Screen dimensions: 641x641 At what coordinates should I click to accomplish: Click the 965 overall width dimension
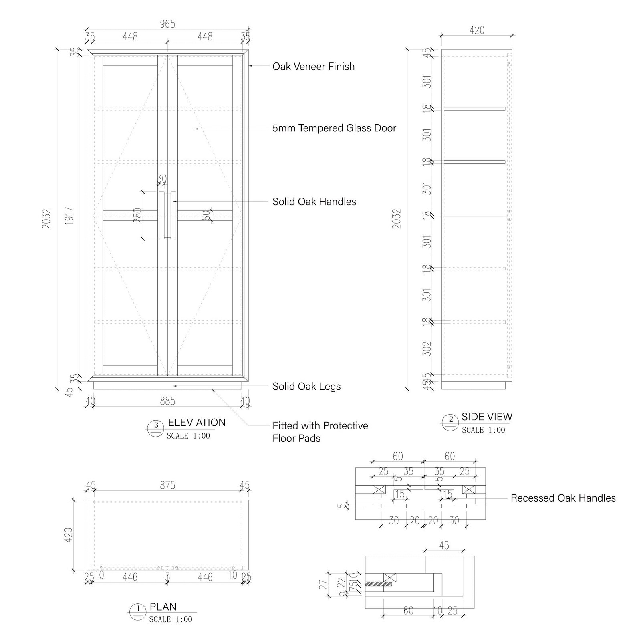coord(167,24)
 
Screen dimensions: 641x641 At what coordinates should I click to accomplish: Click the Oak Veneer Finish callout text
coord(313,67)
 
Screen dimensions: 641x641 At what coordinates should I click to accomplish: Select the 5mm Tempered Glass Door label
coord(334,128)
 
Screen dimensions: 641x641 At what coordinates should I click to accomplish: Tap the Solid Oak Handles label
coord(314,202)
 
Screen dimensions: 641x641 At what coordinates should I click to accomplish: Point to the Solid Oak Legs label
coord(306,387)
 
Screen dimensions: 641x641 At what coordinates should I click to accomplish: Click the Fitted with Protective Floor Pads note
coord(320,432)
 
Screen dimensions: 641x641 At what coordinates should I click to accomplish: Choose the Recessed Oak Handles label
coord(563,498)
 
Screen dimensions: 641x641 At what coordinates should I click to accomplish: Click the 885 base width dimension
coord(167,401)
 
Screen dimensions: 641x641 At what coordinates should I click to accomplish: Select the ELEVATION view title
coord(197,423)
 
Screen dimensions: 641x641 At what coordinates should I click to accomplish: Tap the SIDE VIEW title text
coord(487,417)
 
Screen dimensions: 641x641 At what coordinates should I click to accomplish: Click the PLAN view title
coord(163,607)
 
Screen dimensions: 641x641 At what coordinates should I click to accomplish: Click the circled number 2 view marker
coord(451,420)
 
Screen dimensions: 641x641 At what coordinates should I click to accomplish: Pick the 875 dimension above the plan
coord(167,485)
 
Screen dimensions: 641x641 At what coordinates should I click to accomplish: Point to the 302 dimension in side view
coord(427,349)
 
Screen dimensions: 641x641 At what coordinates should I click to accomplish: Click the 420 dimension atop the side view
coord(477,30)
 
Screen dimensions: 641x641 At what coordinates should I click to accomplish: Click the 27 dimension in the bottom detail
coord(324,585)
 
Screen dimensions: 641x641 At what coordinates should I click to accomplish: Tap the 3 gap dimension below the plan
coord(167,576)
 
